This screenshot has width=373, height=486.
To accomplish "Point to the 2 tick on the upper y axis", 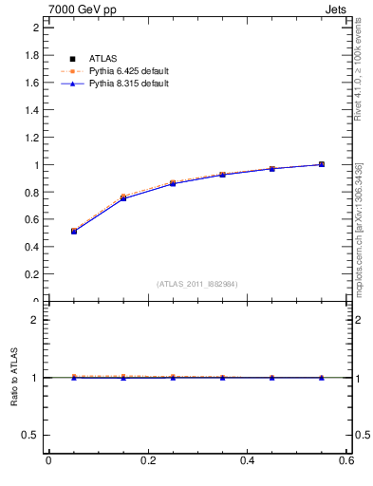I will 38,28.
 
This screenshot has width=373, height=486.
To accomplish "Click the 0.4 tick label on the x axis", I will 248,460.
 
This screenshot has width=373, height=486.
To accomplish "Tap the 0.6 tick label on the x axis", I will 347,460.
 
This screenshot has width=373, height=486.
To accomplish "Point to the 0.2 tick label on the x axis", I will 148,460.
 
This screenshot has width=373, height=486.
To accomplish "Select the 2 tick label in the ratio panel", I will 38,320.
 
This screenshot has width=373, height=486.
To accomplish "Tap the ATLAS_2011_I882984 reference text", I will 197,284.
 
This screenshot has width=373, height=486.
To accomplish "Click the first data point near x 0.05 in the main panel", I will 73,231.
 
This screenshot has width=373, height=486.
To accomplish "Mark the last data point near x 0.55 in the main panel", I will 322,164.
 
